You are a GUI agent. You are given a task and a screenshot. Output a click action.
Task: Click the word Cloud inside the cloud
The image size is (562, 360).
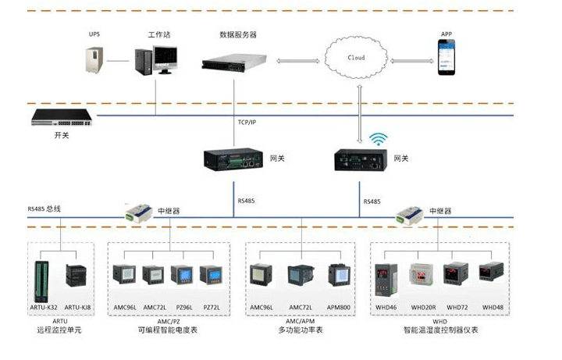pos(356,58)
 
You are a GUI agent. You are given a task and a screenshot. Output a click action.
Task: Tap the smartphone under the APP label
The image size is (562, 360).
pos(446,59)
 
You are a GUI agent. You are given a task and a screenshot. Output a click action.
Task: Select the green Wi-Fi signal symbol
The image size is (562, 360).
pos(379,139)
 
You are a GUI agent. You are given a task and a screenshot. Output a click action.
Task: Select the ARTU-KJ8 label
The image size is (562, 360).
pos(77,308)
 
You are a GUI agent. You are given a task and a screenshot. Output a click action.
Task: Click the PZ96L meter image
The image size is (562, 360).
pos(182,277)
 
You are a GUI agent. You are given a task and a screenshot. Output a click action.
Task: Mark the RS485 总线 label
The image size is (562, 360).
pos(44,209)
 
